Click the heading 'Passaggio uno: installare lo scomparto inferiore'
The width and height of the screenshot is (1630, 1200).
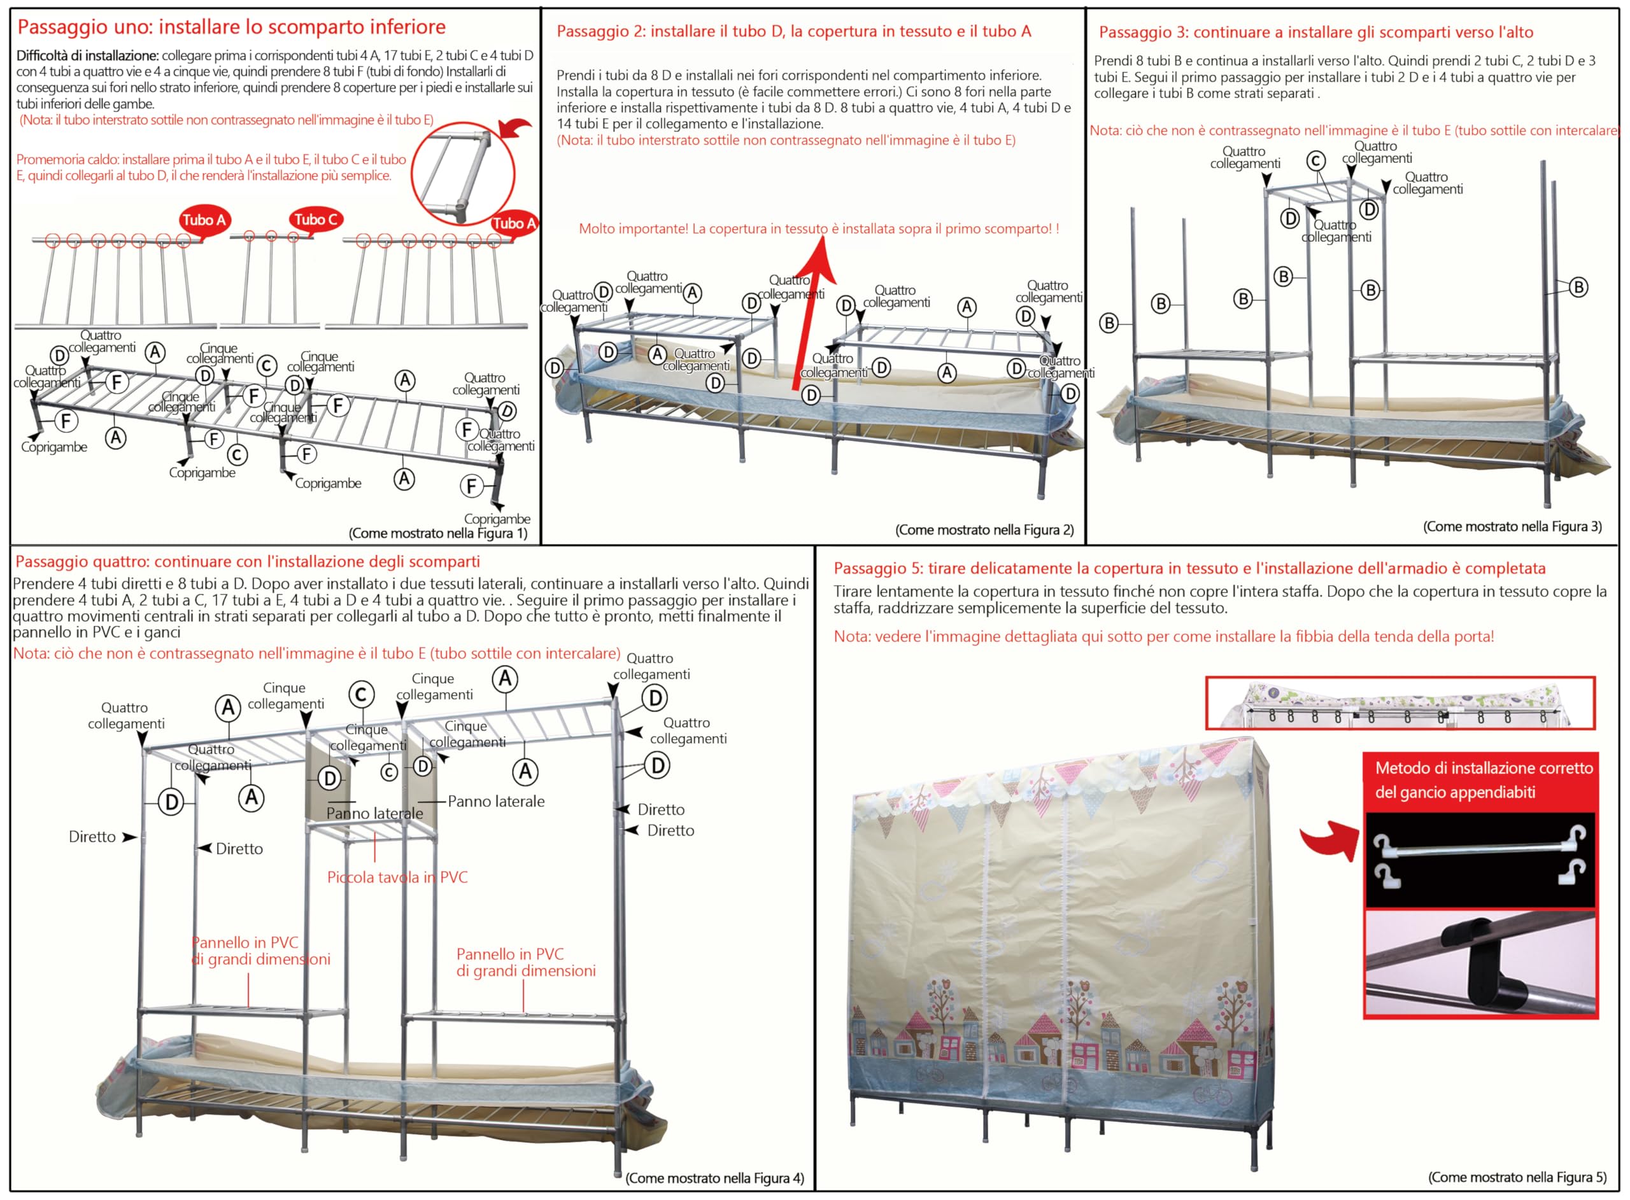[231, 27]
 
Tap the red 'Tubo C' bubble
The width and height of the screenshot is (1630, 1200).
[316, 220]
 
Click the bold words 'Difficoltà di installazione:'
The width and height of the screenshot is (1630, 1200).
[87, 56]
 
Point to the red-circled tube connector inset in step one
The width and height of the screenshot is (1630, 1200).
[463, 174]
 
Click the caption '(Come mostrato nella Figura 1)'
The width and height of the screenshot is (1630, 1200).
[438, 533]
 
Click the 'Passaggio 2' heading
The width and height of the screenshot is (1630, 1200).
[793, 31]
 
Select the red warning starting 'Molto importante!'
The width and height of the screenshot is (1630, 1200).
[819, 229]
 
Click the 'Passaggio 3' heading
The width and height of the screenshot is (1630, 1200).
[1316, 32]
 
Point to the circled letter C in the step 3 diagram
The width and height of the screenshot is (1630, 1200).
[1316, 160]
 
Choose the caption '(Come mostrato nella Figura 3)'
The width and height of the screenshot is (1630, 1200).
[1512, 526]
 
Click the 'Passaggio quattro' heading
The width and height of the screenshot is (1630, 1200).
[248, 561]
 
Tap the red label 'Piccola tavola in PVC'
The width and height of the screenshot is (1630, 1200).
[397, 877]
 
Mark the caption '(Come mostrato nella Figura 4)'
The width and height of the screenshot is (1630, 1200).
[715, 1178]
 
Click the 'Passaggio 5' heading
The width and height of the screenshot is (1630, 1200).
[1189, 568]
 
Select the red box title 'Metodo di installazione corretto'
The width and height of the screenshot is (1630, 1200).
[1484, 768]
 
